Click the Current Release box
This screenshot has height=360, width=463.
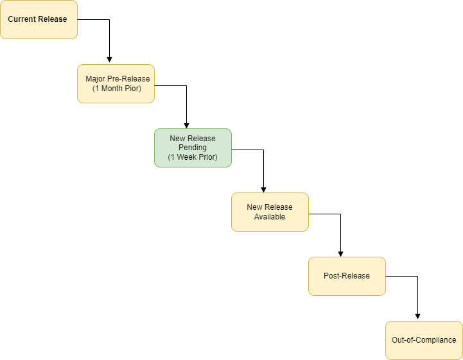pos(39,19)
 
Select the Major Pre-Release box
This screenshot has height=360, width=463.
pos(116,83)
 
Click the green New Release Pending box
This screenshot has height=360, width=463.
pos(193,148)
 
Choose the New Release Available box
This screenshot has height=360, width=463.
pos(270,212)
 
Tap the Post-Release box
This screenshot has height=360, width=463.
pos(347,276)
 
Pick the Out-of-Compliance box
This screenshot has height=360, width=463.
pos(424,340)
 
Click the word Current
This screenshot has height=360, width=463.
pos(22,19)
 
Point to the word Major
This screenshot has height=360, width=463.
pos(96,79)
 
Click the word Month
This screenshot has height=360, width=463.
pos(116,88)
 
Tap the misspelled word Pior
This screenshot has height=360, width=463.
pos(134,88)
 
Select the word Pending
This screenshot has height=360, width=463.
pos(193,148)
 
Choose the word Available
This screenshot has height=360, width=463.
pos(270,216)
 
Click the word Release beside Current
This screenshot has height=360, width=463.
pos(52,19)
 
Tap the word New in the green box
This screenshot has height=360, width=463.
pos(177,139)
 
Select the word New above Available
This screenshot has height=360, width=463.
pos(254,207)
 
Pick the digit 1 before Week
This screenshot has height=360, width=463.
pos(173,157)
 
